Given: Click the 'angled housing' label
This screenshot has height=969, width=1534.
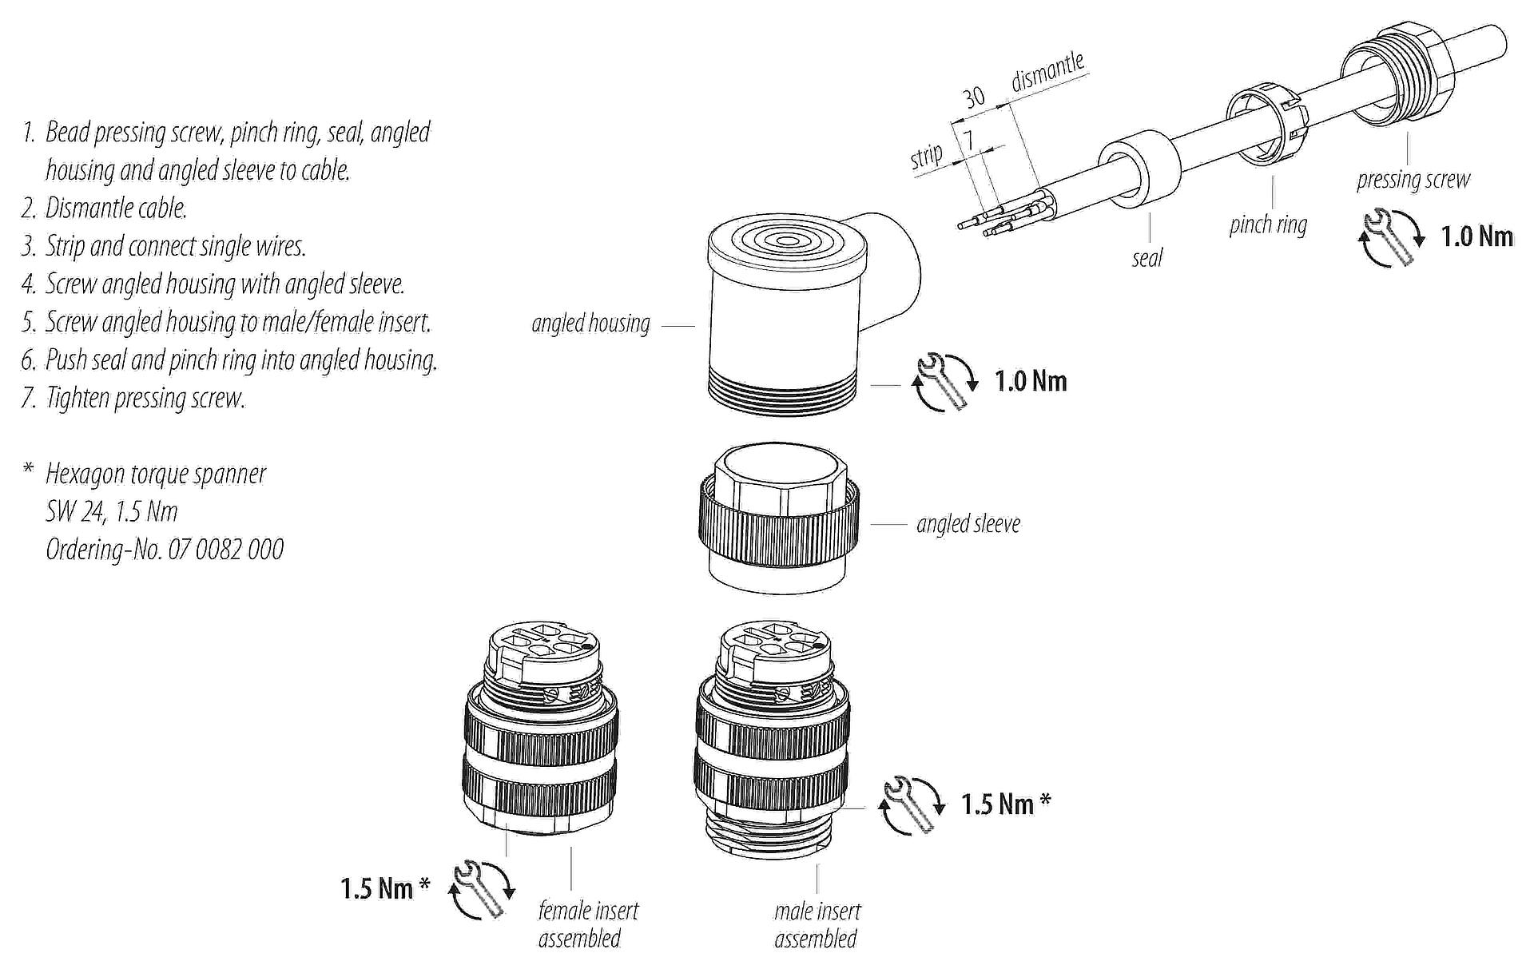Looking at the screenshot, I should click(x=590, y=324).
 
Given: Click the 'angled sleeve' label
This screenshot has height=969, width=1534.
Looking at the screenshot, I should click(x=968, y=524).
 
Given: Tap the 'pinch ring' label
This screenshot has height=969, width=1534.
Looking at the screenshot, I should click(x=1268, y=224).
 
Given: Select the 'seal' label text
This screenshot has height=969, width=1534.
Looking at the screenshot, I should click(x=1147, y=258).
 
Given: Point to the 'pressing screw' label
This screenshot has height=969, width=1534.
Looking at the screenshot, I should click(x=1413, y=180).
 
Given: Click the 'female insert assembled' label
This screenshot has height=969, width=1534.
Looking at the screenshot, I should click(x=588, y=923).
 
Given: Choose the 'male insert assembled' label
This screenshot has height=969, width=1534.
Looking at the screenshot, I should click(x=817, y=924).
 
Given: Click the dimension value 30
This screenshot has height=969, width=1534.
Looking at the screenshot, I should click(x=974, y=97).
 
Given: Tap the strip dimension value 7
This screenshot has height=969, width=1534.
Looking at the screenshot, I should click(x=968, y=141).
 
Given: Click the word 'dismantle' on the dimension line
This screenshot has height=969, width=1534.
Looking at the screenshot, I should click(x=1047, y=72).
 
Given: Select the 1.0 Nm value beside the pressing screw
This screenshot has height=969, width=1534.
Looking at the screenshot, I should click(x=1476, y=236).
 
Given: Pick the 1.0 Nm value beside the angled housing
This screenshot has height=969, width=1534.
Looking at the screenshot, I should click(x=1031, y=381).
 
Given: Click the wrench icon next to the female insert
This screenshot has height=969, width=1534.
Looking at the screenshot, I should click(x=483, y=889).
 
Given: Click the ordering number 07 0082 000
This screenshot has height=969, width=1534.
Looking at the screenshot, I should click(x=225, y=550).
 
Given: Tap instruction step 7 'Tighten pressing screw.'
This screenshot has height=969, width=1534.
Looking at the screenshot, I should click(x=133, y=398).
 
